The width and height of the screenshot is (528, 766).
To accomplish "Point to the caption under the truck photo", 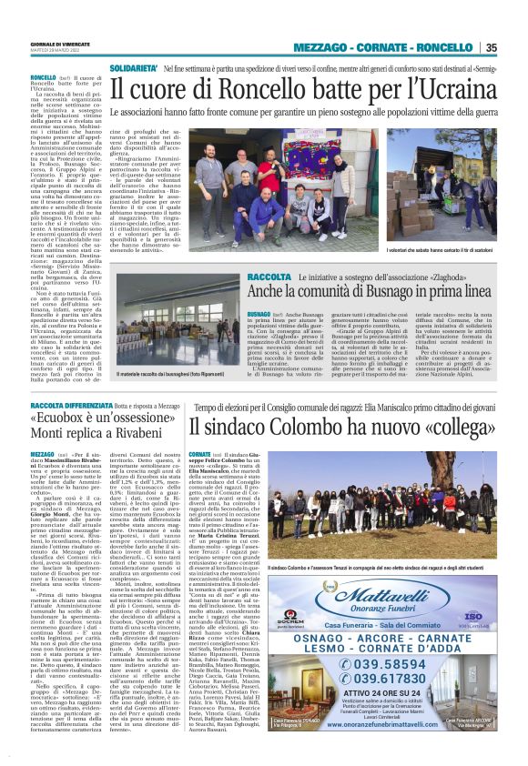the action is tap(441, 250).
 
